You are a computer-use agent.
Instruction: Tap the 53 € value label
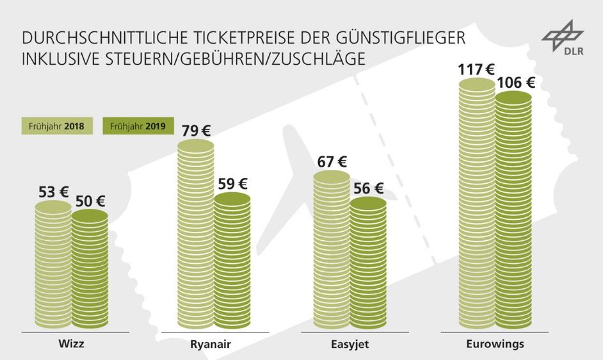52,191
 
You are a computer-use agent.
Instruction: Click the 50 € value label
90,200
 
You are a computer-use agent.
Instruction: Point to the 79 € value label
195,131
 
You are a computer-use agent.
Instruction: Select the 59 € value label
233,184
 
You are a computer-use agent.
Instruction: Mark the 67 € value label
332,161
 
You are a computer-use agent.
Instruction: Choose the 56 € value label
369,188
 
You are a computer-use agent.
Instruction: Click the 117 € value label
476,67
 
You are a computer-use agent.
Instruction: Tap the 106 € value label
514,82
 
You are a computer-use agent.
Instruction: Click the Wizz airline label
71,344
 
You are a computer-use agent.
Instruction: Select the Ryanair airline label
211,345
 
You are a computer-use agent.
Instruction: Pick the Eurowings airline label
495,344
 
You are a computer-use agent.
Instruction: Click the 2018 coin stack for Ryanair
196,237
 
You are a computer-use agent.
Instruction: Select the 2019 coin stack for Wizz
90,269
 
